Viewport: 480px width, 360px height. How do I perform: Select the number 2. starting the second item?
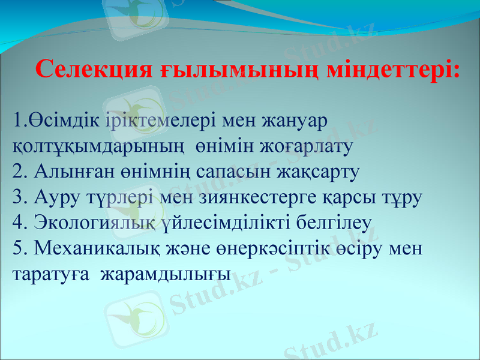tap(20, 172)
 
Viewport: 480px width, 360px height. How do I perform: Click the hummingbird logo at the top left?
tap(136, 14)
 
